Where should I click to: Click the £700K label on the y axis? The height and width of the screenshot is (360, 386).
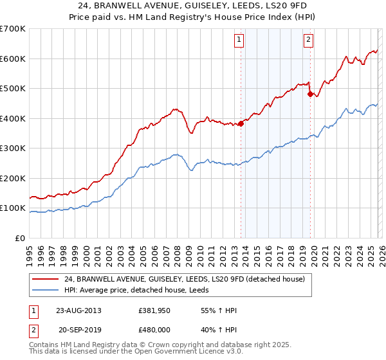13,29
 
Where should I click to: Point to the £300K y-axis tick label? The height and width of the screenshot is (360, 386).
13,148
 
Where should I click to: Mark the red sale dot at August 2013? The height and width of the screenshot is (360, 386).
241,123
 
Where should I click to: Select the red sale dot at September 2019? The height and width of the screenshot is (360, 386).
310,94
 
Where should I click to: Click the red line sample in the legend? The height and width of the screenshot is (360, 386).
46,279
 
